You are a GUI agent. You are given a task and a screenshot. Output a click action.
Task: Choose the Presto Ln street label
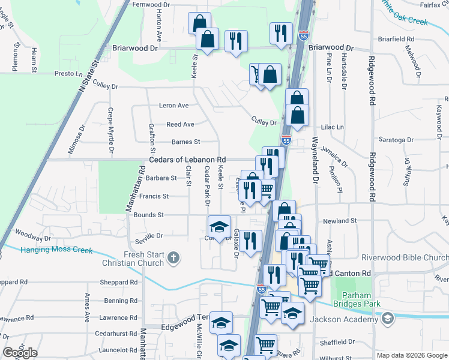pyautogui.click(x=68, y=73)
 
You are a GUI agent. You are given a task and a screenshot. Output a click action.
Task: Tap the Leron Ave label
pyautogui.click(x=174, y=106)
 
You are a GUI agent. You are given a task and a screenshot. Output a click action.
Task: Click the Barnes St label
pyautogui.click(x=185, y=142)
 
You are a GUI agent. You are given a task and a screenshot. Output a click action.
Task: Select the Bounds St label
pyautogui.click(x=148, y=215)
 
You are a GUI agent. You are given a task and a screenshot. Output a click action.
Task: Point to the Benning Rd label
pyautogui.click(x=116, y=301)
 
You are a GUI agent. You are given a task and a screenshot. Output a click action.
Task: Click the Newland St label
pyautogui.click(x=340, y=221)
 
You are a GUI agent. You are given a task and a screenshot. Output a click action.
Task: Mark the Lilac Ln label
pyautogui.click(x=332, y=127)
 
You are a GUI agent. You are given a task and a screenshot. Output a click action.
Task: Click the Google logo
pyautogui.click(x=20, y=353)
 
